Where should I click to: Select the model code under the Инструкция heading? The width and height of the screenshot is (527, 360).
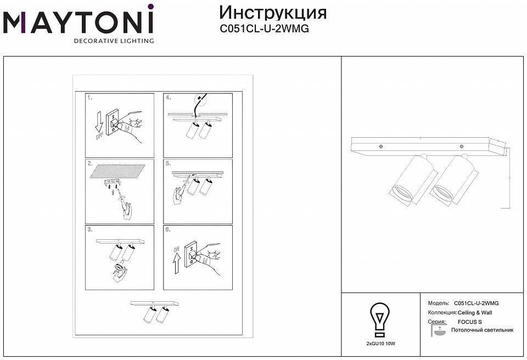pos(263,29)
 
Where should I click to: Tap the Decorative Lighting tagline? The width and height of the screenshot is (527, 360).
pos(114,41)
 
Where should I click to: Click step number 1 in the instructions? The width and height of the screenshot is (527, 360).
pos(90,98)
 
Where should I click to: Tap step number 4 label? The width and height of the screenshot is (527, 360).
pos(168,98)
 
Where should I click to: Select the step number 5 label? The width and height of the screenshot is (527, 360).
pos(168,164)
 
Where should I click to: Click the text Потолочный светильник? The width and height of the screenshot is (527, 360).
pos(482,330)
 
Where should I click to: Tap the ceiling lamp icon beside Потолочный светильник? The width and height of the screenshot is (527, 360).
pos(439,331)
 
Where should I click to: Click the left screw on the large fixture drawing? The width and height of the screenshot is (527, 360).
pos(380,146)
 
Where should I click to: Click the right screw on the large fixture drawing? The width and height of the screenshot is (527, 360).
pos(462,147)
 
